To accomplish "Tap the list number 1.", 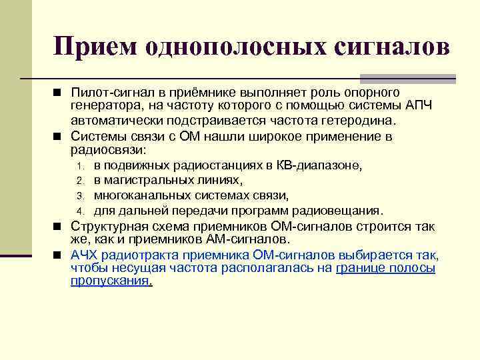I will click(79, 166).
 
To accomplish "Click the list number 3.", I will click(79, 196).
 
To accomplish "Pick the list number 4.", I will click(79, 211).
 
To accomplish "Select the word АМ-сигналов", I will click(249, 239).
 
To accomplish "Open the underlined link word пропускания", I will click(110, 281).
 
